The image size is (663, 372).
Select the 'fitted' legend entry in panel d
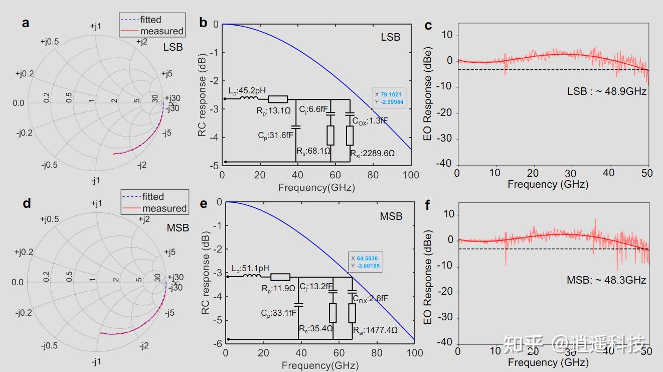coord(153,197)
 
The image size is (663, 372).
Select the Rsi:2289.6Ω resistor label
coord(372,153)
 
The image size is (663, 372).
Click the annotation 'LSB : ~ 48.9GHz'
coord(606,92)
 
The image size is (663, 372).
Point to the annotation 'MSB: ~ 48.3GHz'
coord(606,280)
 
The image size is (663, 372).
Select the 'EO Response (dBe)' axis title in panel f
coord(428,277)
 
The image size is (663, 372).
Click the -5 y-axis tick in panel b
coord(214,166)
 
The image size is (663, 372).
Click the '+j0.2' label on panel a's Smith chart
coord(25,74)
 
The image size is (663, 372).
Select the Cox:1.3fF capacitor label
coord(370,121)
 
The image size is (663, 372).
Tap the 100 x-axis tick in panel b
coord(411,175)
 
